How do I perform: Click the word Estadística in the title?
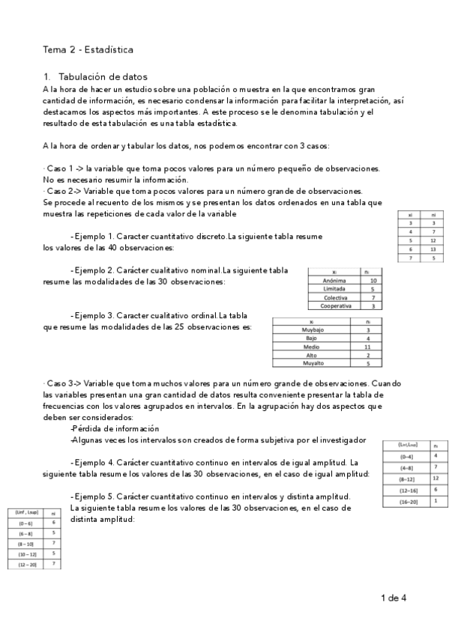coord(109,50)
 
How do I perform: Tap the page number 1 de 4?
coord(394,598)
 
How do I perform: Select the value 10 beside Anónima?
coord(373,280)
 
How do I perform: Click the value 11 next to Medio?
coord(367,347)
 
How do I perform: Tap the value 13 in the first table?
coord(433,249)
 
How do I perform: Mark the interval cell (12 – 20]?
coord(25,562)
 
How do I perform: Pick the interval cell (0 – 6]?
coord(25,522)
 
